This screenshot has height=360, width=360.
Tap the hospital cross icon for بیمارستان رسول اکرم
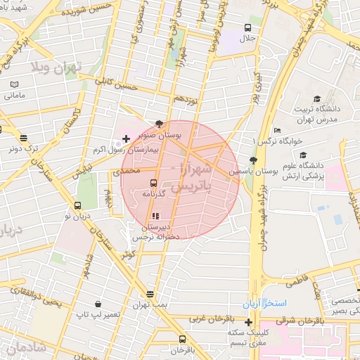126,139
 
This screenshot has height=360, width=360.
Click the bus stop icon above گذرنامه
154,183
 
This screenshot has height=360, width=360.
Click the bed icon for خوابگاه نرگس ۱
278,131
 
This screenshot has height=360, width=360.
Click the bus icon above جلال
246,27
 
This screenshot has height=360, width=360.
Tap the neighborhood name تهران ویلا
56,67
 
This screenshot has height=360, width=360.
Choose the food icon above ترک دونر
24,138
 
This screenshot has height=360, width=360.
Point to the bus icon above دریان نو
77,206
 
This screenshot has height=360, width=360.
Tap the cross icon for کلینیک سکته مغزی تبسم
248,322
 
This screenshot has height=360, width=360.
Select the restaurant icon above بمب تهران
149,294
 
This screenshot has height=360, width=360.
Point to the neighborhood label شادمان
25,347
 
